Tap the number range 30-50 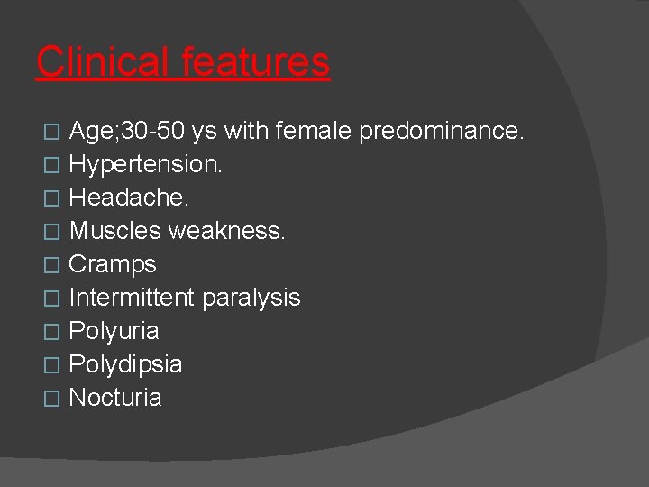click(153, 132)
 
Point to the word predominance click(441, 132)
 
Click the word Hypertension click(145, 165)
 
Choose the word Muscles click(114, 232)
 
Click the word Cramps click(113, 265)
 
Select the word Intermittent click(132, 299)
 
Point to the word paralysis click(251, 299)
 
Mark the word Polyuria click(114, 332)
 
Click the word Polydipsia click(125, 365)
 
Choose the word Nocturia click(115, 399)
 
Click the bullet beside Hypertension click(50, 166)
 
